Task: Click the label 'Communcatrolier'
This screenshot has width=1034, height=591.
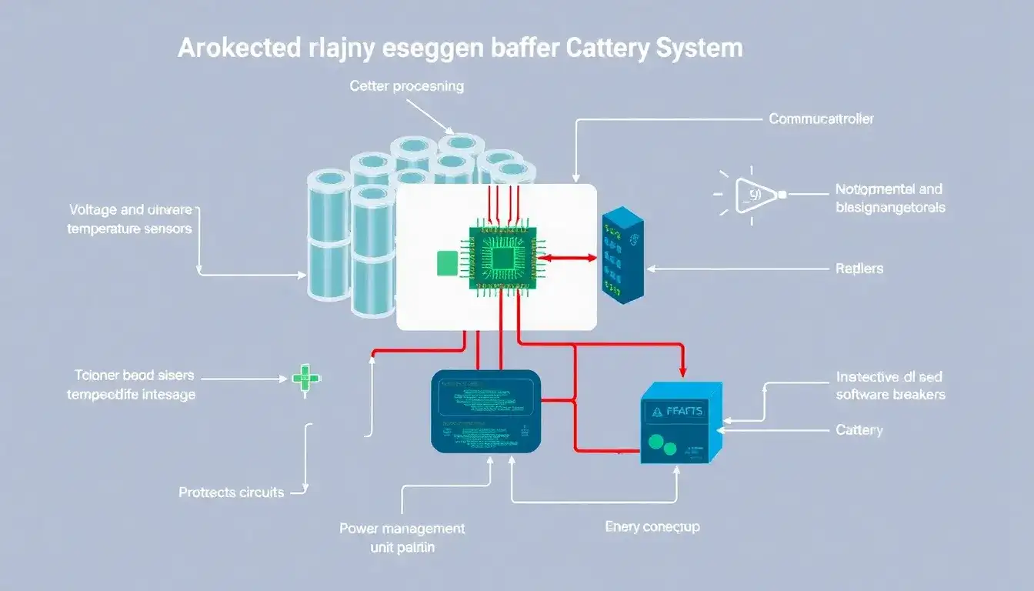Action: tap(821, 119)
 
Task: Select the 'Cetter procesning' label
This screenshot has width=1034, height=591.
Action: tap(406, 86)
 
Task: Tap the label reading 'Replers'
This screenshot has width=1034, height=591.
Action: tap(859, 269)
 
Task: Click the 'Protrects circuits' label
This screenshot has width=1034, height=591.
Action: tap(231, 492)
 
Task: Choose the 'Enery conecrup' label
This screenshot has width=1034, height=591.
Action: tap(652, 527)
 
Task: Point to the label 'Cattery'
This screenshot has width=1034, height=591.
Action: tap(859, 429)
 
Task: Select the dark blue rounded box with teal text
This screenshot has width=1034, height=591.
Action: tap(485, 411)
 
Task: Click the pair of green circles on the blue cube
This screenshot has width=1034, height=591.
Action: tap(662, 445)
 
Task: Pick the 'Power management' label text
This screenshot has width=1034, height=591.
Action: tap(402, 529)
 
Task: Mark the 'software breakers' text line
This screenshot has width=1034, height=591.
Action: tap(890, 394)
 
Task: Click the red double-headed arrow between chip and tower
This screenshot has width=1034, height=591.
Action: tap(570, 259)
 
